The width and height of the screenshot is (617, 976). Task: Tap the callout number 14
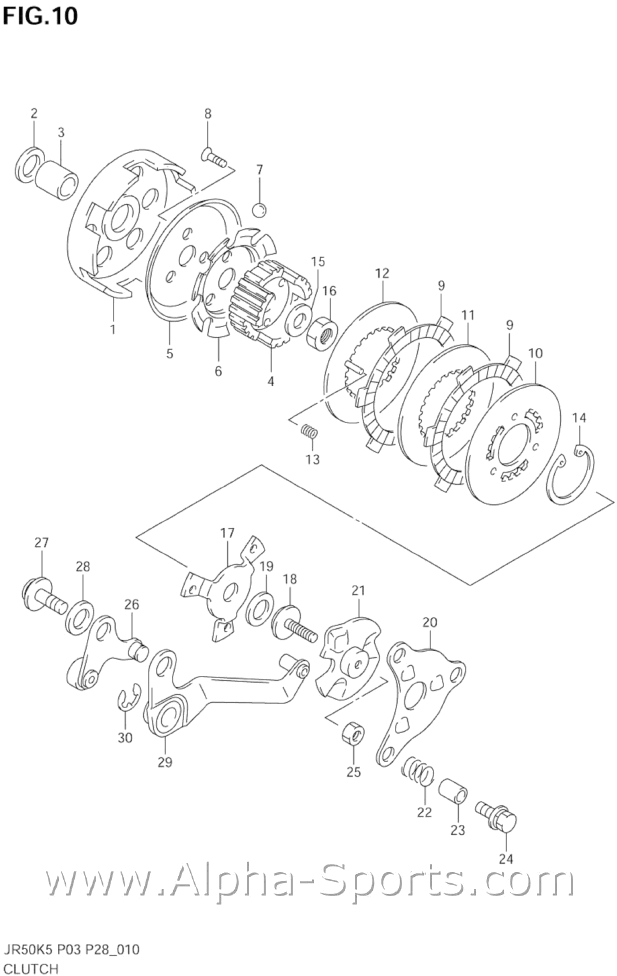pyautogui.click(x=579, y=417)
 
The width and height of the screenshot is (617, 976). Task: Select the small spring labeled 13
pyautogui.click(x=310, y=431)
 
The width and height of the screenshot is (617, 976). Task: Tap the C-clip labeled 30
pyautogui.click(x=127, y=703)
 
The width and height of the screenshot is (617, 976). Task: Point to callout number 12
pyautogui.click(x=381, y=273)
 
